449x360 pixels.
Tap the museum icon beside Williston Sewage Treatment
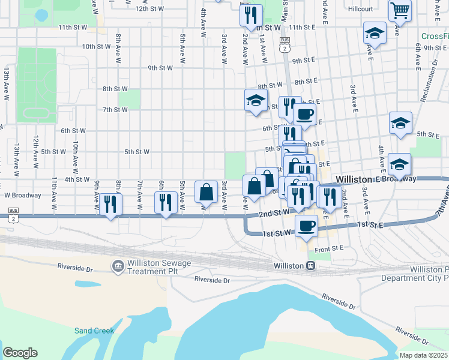[118, 265]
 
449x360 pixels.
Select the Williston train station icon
[311, 266]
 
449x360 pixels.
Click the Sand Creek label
[94, 331]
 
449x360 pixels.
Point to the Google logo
[20, 353]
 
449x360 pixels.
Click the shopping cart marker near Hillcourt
[399, 11]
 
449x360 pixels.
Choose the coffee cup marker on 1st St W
[306, 226]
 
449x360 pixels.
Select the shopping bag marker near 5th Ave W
[206, 193]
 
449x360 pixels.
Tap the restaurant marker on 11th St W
[251, 16]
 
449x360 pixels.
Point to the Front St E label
[329, 248]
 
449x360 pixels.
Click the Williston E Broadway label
[376, 179]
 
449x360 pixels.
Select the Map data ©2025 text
[423, 355]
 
